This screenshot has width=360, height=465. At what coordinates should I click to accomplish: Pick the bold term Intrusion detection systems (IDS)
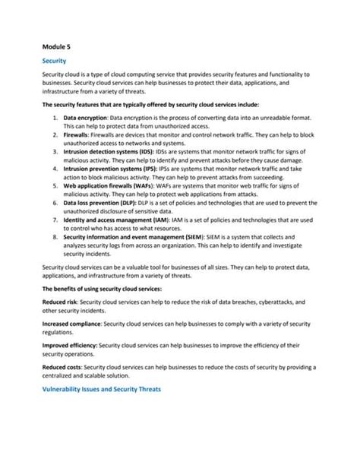112,153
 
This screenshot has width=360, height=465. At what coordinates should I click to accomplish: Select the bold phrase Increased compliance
72,324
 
